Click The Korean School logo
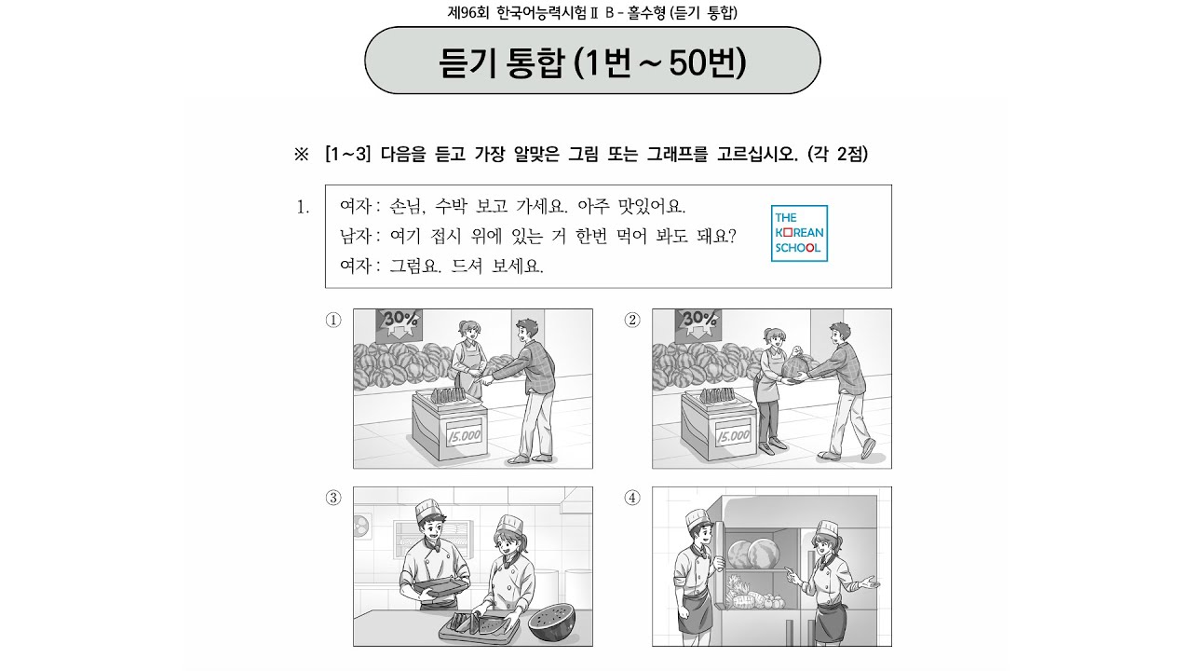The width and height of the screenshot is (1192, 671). coord(799,233)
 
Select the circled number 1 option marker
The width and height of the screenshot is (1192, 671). coord(333,320)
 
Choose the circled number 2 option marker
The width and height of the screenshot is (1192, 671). coord(632,320)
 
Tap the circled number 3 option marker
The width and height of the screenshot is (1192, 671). coord(333,498)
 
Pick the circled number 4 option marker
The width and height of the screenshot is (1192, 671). coord(632,498)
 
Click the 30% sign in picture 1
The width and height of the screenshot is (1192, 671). coord(400,325)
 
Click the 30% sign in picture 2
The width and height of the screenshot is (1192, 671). coord(698,325)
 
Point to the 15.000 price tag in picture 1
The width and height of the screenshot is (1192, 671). coord(465,435)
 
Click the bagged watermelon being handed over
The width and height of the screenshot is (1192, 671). coord(795,364)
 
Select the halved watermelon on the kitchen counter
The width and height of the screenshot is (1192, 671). coord(551,623)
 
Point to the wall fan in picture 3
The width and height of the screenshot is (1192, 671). coord(363,527)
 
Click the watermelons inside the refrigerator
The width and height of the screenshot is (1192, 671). coord(753,554)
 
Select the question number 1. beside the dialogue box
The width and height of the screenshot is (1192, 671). coord(303,207)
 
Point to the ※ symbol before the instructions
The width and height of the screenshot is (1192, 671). coord(301,155)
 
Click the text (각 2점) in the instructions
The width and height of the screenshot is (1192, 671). coord(837,155)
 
